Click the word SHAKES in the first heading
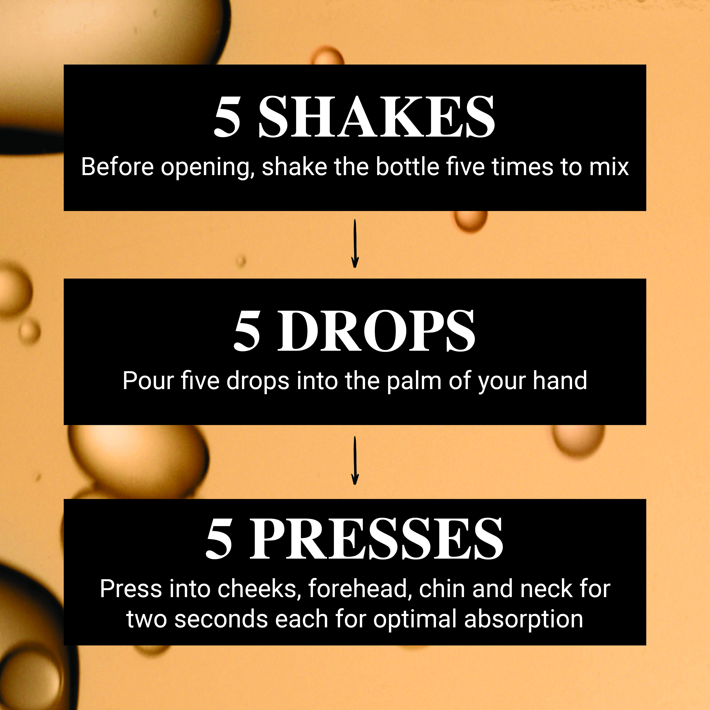pos(377,117)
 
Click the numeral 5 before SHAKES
pos(227,117)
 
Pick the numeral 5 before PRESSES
pos(219,539)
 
